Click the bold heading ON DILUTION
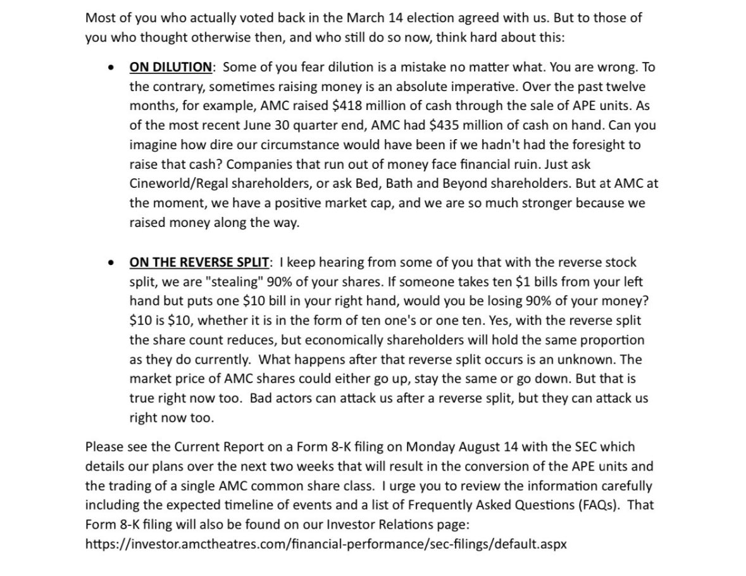pos(170,67)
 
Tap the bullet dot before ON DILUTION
pos(112,67)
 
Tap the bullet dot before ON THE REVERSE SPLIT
pos(112,262)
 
